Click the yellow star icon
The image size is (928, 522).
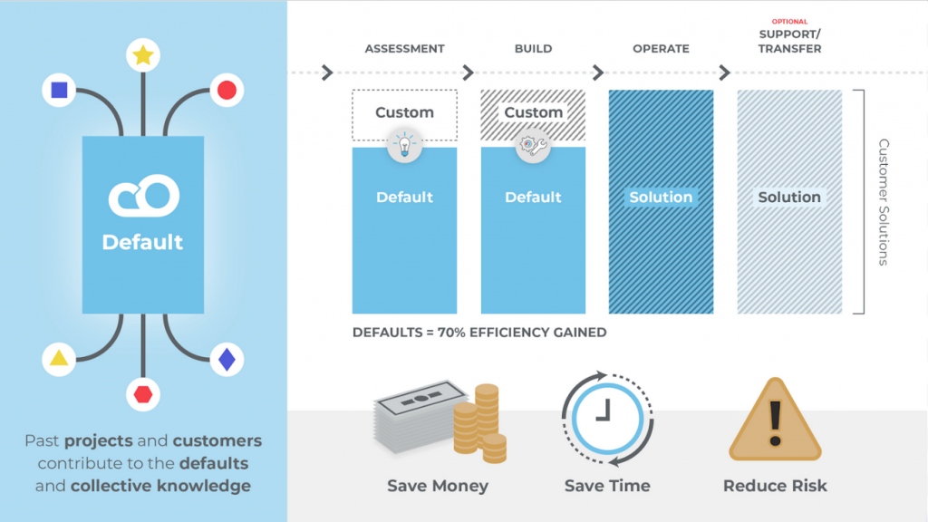click(142, 55)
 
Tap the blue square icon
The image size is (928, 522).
click(59, 90)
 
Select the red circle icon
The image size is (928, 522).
click(227, 90)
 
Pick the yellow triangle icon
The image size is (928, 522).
click(59, 359)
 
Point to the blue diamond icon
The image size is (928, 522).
click(227, 360)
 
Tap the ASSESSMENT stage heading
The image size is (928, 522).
click(403, 49)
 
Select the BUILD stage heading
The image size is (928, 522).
click(533, 49)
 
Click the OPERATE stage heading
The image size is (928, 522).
click(661, 49)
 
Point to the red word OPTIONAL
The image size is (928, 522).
click(789, 22)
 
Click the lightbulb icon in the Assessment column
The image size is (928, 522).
click(404, 146)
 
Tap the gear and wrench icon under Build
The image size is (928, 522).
click(533, 146)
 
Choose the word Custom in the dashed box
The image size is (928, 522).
click(404, 112)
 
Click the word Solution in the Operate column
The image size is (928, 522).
click(661, 197)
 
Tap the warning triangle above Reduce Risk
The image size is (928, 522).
click(775, 420)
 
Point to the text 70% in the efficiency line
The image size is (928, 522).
click(448, 333)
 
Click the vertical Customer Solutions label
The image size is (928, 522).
click(884, 201)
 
